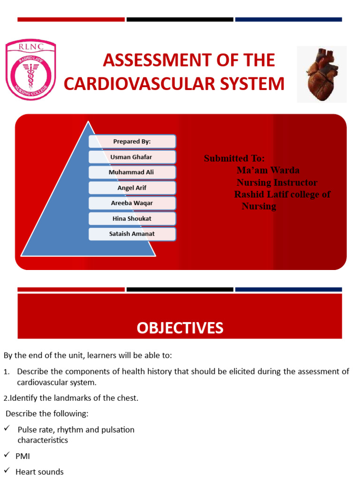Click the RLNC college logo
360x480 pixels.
point(30,70)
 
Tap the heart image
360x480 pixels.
point(322,74)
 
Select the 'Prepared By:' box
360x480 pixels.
point(132,142)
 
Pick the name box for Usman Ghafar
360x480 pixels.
point(132,157)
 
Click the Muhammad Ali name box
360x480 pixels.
point(132,172)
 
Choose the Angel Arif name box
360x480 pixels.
point(132,188)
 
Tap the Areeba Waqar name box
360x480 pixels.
point(132,203)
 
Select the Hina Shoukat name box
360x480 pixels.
point(132,219)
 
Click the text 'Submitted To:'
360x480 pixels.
point(234,158)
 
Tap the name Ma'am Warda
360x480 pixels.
point(268,170)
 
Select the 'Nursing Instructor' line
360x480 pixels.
point(277,182)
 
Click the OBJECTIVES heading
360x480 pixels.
point(180,328)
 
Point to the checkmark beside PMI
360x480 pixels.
point(7,455)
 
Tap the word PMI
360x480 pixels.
point(23,456)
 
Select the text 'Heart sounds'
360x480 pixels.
point(39,472)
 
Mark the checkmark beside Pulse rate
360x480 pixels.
point(7,429)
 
